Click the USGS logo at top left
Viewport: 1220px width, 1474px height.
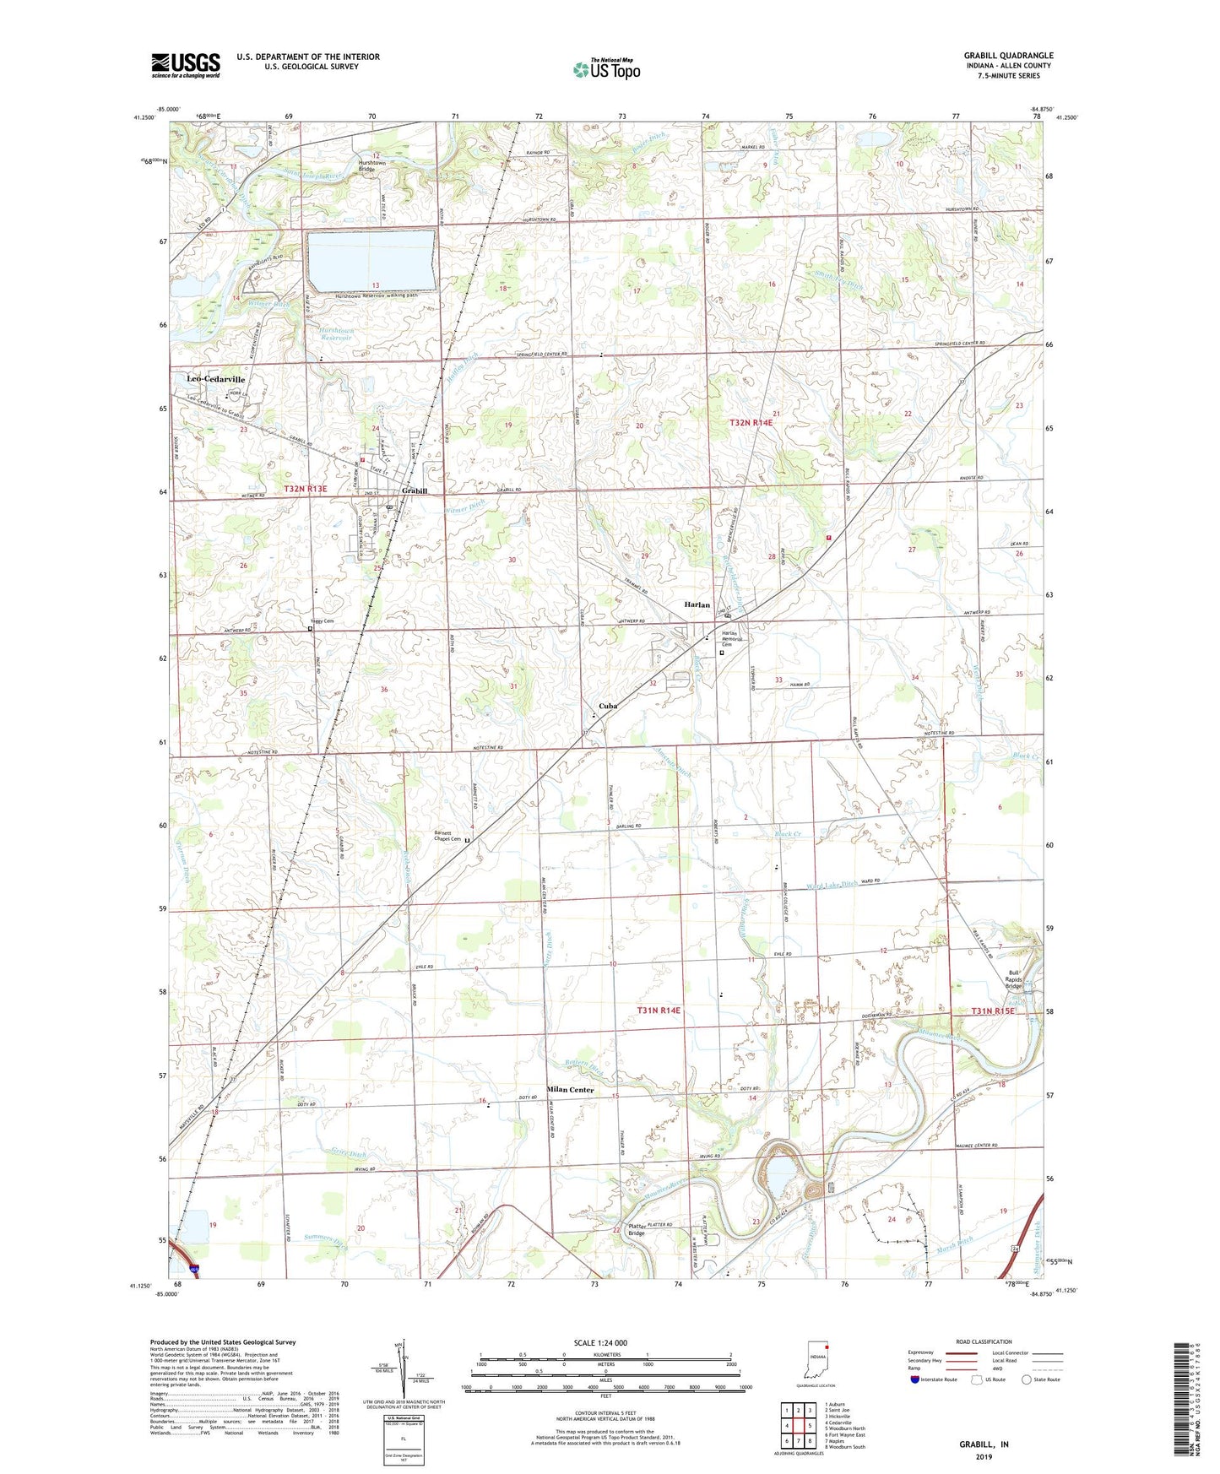pos(186,65)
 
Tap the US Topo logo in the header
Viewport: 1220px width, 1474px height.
pos(606,69)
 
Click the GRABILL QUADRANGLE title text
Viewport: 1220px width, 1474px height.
pos(1008,56)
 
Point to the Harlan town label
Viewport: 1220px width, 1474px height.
pos(697,605)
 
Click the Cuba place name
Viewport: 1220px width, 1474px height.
pos(608,706)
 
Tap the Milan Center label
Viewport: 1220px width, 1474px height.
pos(570,1090)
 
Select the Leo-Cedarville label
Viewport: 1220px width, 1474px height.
pos(215,380)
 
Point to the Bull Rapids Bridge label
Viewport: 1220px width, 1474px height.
pos(1013,979)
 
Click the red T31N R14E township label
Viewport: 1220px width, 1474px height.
pos(659,1011)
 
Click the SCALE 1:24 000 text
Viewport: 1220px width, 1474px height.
pos(600,1343)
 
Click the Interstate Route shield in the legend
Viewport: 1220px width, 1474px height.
pos(915,1379)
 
